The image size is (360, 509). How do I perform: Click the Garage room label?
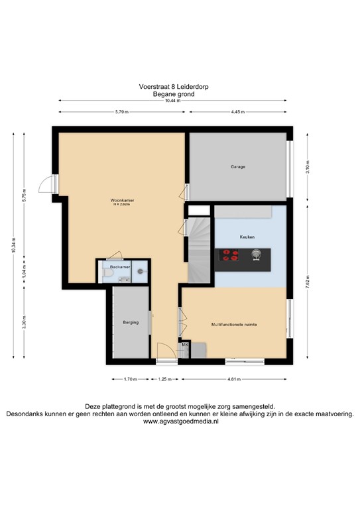[238, 167]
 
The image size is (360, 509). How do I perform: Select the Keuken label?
[247, 237]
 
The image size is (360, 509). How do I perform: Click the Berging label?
[131, 323]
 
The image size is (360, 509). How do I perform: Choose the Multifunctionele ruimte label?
[234, 325]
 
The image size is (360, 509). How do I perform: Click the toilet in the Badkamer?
[141, 272]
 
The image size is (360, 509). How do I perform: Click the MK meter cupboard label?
[185, 345]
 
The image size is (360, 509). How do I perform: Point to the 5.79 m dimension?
[121, 112]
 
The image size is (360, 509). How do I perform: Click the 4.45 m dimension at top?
[239, 112]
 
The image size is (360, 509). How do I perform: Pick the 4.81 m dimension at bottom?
[235, 379]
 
